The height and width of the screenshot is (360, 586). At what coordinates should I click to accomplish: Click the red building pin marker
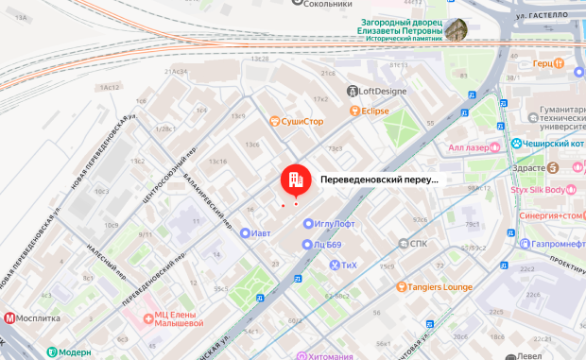coord(293,178)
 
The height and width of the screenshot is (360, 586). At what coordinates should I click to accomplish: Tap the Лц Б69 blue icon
coord(306,245)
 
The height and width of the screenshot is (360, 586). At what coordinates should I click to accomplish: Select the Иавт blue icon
coord(245,233)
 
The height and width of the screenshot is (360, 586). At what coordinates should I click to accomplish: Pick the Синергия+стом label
coord(551,215)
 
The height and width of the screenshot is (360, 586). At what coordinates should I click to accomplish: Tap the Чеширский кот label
coord(554,144)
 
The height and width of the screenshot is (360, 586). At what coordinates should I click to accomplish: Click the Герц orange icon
coord(564,63)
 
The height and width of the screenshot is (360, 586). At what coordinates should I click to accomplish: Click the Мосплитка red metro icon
coord(10,318)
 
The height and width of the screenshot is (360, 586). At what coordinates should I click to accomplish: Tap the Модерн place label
coord(71,351)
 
